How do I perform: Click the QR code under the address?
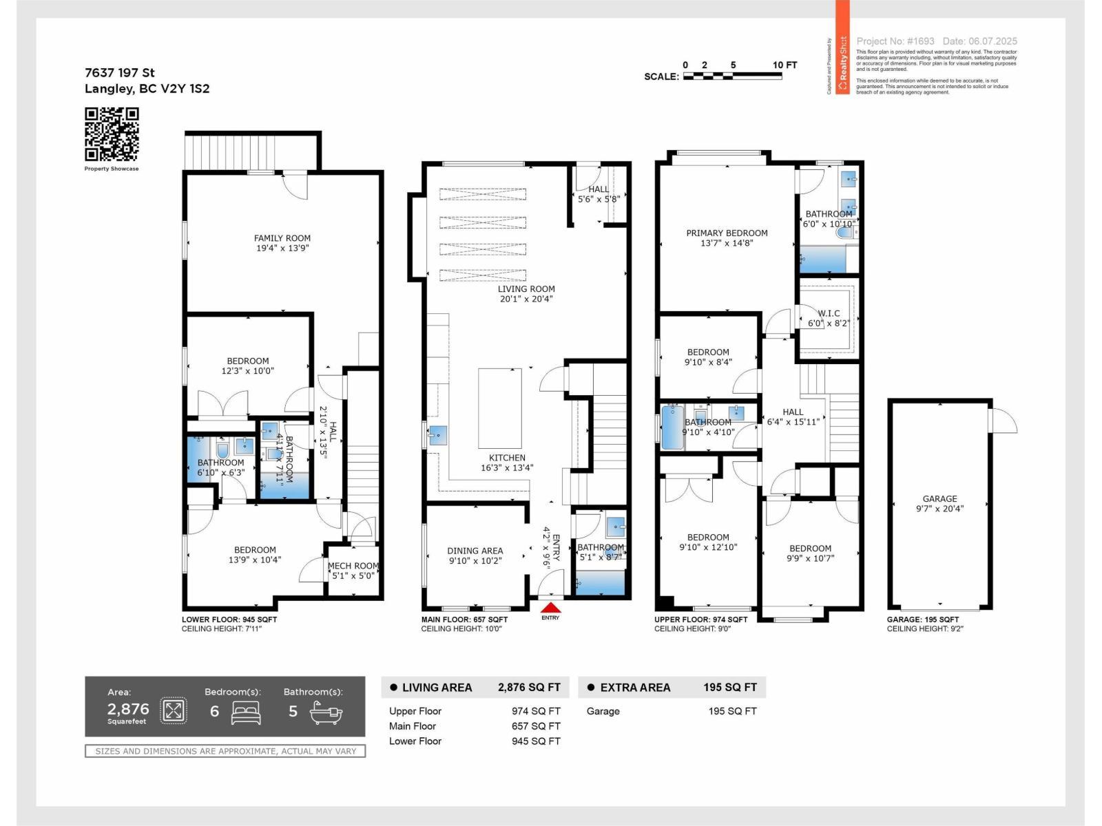tap(112, 134)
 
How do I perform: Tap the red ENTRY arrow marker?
tap(550, 608)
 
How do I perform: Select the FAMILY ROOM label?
tap(282, 243)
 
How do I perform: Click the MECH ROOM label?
tap(353, 571)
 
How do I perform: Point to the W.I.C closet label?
tap(829, 318)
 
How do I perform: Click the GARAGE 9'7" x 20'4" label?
tap(939, 503)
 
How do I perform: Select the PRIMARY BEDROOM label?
tap(727, 237)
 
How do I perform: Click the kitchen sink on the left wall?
tap(437, 435)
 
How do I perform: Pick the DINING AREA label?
tap(475, 555)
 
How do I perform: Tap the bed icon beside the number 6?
tap(246, 712)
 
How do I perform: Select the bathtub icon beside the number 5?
tap(326, 712)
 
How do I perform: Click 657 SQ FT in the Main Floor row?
tap(535, 726)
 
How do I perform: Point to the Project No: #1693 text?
tap(895, 41)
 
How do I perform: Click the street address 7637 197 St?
tap(120, 72)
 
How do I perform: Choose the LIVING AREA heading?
tap(437, 687)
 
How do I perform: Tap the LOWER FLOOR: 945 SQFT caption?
tap(229, 619)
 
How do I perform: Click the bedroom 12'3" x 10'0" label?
tap(248, 366)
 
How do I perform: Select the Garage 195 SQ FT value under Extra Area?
tap(732, 711)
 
